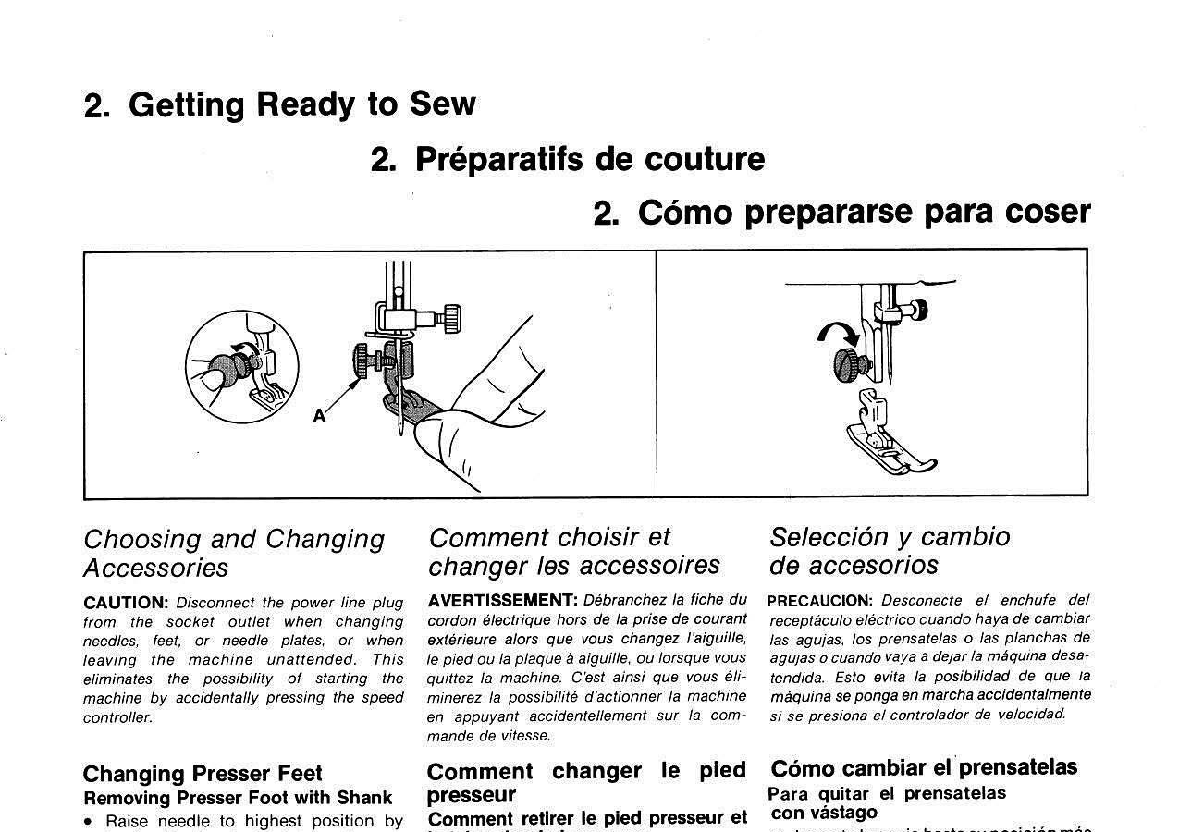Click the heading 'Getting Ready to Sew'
coord(279,104)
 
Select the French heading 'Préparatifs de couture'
coord(568,159)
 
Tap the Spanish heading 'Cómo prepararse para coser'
coord(841,213)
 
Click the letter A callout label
coord(319,416)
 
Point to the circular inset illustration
coord(242,367)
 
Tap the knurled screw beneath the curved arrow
coord(852,363)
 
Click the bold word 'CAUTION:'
coord(126,603)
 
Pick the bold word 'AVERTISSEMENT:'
coord(502,600)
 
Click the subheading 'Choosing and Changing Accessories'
coord(234,553)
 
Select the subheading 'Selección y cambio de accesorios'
coord(890,551)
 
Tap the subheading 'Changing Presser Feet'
coord(203,774)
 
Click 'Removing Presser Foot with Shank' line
coord(238,798)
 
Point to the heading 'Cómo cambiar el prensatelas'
coord(924,768)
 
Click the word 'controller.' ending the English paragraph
coord(117,717)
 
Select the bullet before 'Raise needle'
coord(89,822)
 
